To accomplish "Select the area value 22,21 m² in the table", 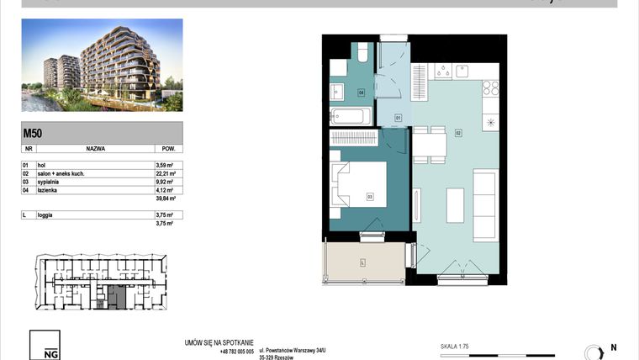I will (165, 174).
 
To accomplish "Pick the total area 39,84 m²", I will (165, 199).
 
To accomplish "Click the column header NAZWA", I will (95, 147).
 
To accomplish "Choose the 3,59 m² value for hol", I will (164, 166).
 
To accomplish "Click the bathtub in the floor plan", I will (348, 116).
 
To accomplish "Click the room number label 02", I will (459, 132).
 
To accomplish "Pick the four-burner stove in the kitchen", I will (491, 87).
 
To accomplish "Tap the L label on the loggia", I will (362, 262).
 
